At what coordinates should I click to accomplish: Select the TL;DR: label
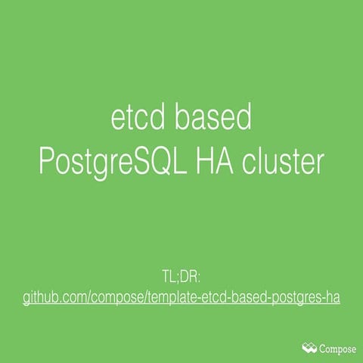pos(181,274)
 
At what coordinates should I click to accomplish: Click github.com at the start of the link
pos(54,297)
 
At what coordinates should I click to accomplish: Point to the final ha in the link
pos(331,297)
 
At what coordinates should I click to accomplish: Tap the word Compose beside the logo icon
pos(337,348)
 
